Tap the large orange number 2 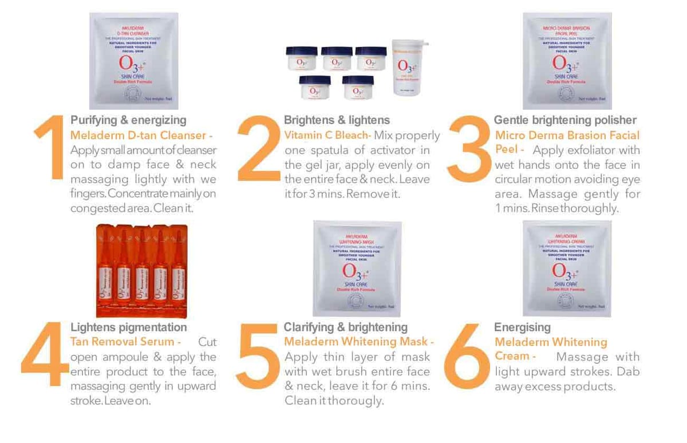coord(259,150)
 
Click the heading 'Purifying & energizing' coord(128,120)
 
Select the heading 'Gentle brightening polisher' coord(565,120)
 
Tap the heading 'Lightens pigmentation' coord(128,327)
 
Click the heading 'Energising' coord(522,327)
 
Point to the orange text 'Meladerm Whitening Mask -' coord(359,342)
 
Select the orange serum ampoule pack coord(141,270)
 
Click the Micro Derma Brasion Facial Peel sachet coord(567,61)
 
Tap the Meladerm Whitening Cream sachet coord(567,268)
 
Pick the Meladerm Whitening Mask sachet coord(357,268)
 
